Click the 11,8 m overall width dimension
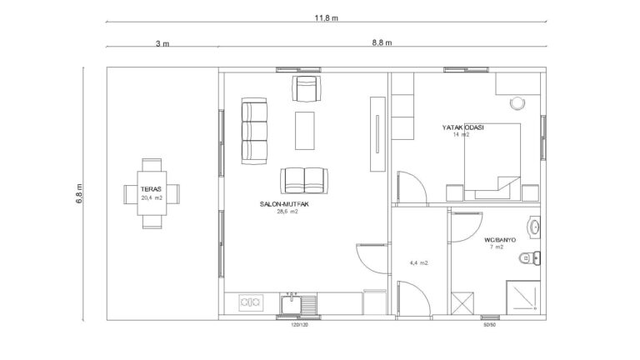[326, 18]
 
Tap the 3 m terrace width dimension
[162, 43]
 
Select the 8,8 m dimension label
[382, 42]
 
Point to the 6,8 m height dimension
[79, 193]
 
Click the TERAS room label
[151, 189]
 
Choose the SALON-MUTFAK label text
[284, 204]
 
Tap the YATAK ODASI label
[462, 127]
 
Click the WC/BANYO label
[500, 240]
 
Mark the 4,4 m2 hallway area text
[419, 263]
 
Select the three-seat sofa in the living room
[254, 131]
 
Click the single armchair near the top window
[307, 88]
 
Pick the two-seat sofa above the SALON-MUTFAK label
[304, 180]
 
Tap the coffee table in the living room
[305, 131]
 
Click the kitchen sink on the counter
[291, 304]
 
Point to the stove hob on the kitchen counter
[251, 302]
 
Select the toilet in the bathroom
[530, 258]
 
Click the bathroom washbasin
[534, 227]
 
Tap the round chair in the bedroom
[517, 103]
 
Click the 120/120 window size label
[299, 325]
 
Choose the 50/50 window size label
[489, 325]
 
